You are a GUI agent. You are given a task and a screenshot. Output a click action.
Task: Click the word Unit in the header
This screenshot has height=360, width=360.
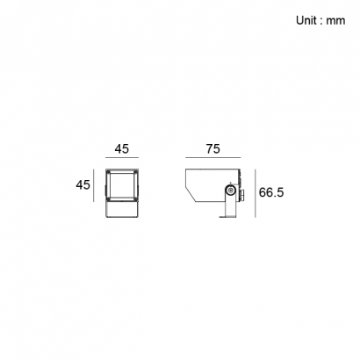click(306, 20)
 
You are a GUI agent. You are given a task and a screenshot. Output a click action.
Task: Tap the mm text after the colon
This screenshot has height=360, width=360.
click(335, 21)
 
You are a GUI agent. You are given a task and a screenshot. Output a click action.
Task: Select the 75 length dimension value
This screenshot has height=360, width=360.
click(212, 149)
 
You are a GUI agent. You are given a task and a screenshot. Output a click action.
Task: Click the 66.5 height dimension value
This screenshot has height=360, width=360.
click(271, 192)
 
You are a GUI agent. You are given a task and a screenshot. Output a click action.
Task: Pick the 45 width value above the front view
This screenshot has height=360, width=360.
click(121, 149)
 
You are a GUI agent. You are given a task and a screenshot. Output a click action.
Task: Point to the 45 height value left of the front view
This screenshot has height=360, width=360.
click(83, 185)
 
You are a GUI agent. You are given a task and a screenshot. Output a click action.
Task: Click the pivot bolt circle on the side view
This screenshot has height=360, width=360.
click(231, 191)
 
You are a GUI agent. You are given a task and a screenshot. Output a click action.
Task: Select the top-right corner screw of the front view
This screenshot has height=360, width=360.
click(135, 172)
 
